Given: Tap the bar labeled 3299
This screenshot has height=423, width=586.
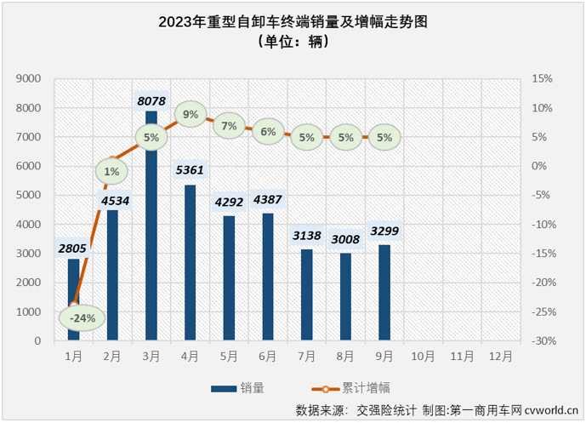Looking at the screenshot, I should pos(384,293).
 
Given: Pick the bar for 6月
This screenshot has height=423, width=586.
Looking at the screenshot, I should pos(268,277).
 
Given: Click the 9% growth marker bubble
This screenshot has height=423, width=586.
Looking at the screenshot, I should pos(190,114).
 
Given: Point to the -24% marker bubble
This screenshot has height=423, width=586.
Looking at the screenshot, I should pos(82,318).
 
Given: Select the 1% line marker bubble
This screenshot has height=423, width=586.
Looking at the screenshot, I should pos(112,171).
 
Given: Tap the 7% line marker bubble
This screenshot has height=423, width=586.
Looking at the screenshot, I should pos(229,125).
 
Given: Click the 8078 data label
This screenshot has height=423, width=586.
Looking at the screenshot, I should pos(152,100).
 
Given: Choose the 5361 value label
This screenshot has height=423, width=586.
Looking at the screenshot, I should pos(191,170).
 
